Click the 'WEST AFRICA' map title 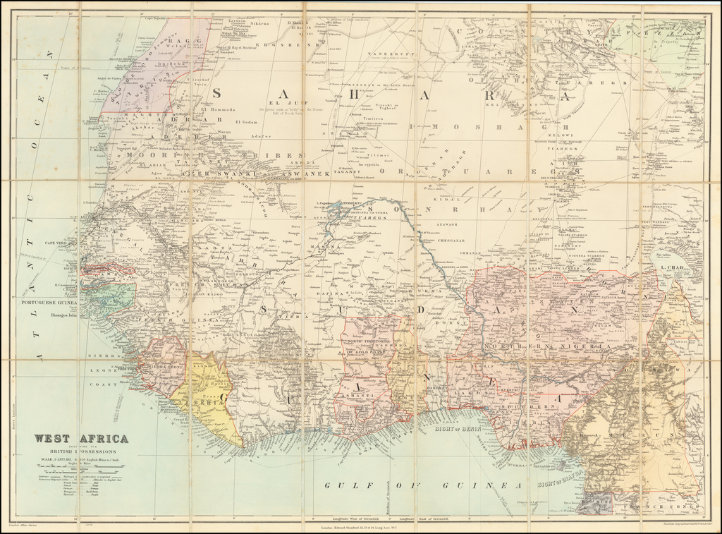coord(82,438)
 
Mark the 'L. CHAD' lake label coord(673,269)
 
